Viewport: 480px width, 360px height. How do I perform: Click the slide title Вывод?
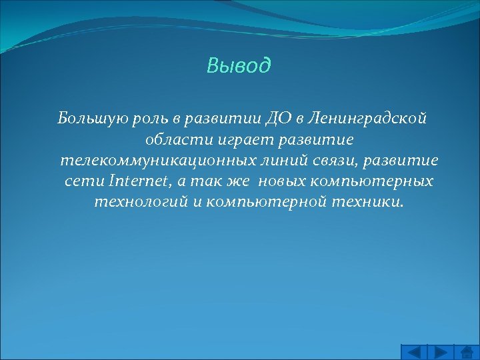point(239,65)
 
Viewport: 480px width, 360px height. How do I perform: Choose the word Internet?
point(138,181)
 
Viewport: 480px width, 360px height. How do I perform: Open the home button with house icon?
point(467,351)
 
